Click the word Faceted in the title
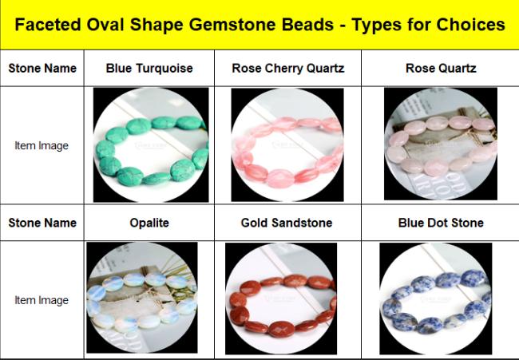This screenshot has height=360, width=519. point(48,25)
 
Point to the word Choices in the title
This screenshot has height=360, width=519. point(470,25)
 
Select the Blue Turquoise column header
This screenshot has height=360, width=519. point(149,68)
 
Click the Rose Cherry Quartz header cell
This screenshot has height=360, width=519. point(288,68)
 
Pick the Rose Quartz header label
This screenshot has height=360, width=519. point(441,68)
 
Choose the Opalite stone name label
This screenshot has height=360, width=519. point(149,223)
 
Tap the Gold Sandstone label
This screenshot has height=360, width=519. point(287,223)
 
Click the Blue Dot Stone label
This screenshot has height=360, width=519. point(441,223)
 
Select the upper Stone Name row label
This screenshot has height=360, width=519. point(42,68)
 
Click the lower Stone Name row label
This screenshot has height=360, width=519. point(42,223)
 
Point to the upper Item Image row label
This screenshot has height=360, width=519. point(42,145)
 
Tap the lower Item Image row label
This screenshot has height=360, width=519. point(42,300)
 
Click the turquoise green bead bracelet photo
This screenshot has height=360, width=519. point(151,145)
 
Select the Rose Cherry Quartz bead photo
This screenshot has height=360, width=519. point(287,145)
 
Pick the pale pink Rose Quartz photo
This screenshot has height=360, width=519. point(441,144)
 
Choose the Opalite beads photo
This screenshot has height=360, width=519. point(142,298)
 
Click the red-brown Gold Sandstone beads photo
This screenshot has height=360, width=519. point(281,299)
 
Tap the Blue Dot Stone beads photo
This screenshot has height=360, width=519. point(436,299)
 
